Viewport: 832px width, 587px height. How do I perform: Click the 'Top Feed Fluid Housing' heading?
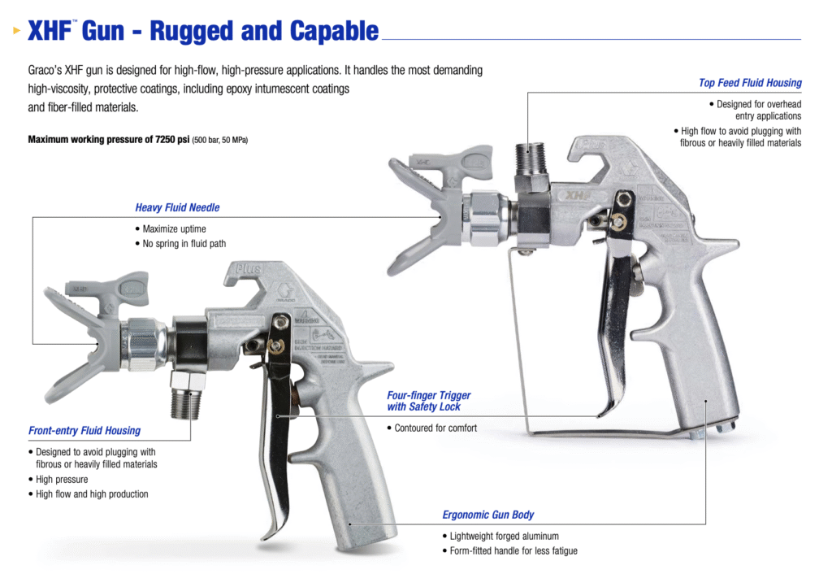point(749,83)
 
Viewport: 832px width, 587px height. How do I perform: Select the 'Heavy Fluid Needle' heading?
point(177,207)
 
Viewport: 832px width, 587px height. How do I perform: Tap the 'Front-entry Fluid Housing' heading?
point(84,431)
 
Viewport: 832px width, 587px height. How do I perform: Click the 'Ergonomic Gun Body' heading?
point(488,515)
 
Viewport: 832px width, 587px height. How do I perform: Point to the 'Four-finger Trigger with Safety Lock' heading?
point(429,401)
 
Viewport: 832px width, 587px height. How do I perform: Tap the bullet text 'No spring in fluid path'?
point(184,244)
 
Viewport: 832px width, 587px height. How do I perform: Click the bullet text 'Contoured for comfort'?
point(435,428)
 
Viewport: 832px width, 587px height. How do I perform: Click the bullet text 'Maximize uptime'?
point(174,229)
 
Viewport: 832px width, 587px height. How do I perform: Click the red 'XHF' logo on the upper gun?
point(577,195)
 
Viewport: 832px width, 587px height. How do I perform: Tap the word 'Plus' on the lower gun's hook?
point(246,268)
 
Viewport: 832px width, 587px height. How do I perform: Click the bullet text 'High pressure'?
point(62,480)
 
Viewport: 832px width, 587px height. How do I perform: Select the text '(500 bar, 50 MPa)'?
point(220,141)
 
